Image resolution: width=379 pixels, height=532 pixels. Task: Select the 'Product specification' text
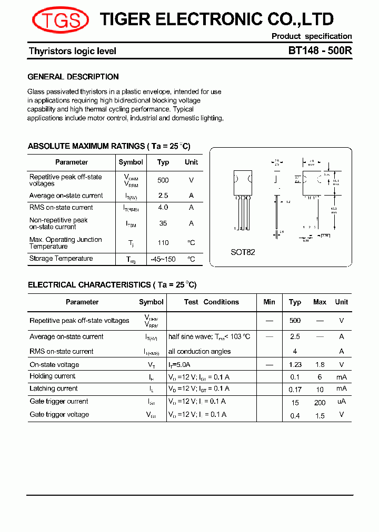tap(312, 36)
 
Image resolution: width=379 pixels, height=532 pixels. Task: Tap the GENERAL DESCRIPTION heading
tap(73, 77)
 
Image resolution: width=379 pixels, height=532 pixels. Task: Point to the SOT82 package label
tap(243, 252)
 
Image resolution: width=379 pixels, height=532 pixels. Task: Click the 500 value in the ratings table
tap(163, 180)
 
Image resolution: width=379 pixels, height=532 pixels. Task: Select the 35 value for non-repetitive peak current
tap(163, 223)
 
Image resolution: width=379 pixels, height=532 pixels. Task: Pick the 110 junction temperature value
tap(163, 243)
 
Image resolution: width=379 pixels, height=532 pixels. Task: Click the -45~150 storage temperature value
tap(163, 259)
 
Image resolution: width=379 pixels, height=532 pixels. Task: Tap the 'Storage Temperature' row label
tap(61, 259)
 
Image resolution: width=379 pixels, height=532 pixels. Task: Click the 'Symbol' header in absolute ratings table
tap(131, 162)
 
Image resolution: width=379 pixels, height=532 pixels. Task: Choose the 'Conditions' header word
tap(221, 302)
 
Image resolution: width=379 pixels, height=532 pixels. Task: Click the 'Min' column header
tap(269, 302)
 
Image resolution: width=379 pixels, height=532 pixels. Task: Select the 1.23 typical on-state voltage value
tap(295, 365)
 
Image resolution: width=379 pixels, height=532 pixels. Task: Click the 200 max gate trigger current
tap(320, 403)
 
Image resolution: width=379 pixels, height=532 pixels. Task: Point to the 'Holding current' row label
tap(53, 376)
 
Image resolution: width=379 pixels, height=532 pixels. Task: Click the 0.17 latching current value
tap(295, 390)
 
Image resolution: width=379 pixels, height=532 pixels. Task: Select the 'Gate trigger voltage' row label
tap(59, 415)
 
